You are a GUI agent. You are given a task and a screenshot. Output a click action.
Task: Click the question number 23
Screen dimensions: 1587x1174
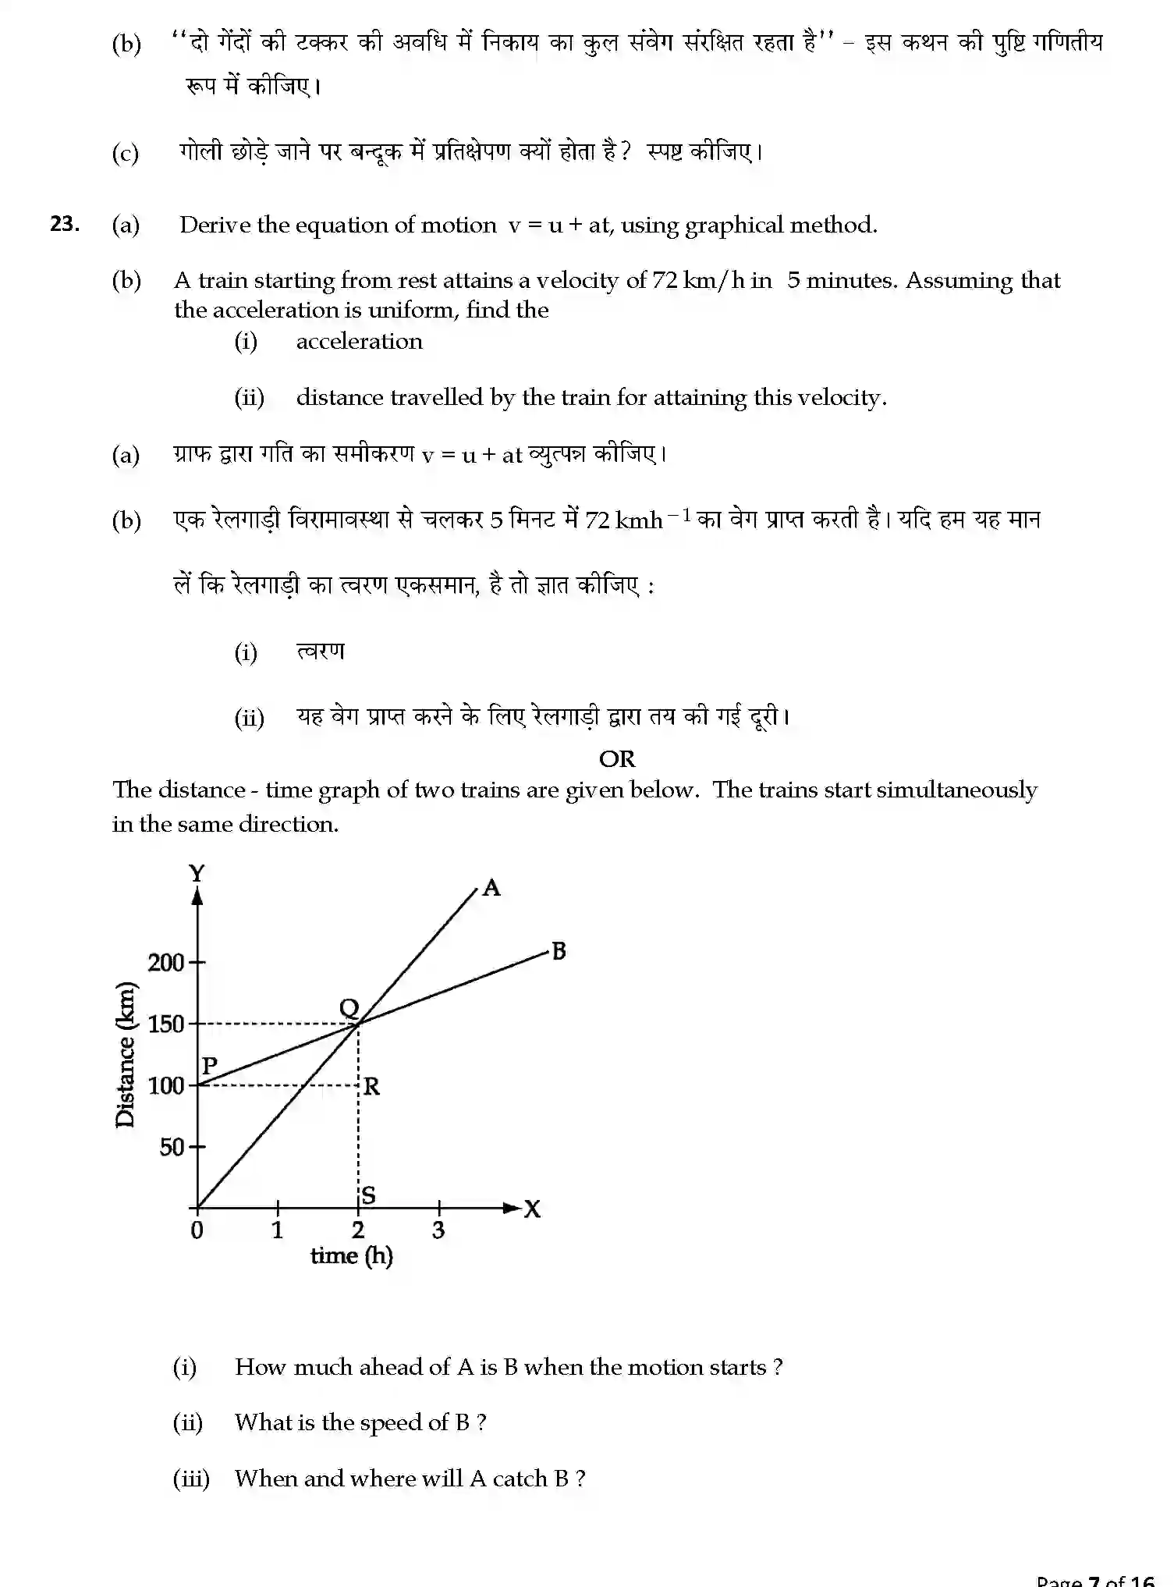tap(64, 224)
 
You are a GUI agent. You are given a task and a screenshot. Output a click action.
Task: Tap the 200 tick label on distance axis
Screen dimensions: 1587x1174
tap(165, 962)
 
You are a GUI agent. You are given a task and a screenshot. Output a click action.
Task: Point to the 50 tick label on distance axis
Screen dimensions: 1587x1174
tap(172, 1147)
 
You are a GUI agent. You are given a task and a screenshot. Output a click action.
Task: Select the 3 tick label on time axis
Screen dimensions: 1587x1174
tap(438, 1230)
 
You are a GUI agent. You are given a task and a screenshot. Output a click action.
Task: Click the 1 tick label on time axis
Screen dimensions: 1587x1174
tap(277, 1230)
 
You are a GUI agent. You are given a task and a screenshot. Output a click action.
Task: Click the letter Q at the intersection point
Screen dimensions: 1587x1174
tap(349, 1008)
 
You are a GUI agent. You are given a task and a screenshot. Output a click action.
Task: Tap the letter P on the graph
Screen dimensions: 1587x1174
tap(209, 1065)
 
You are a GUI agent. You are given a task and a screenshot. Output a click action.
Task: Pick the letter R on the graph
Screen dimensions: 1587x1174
tap(371, 1086)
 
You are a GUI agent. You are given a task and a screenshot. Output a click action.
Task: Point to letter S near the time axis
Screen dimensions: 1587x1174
tap(368, 1195)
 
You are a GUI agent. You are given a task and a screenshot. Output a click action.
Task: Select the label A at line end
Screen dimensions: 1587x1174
tap(491, 888)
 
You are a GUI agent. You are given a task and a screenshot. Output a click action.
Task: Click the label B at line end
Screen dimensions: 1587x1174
tap(559, 951)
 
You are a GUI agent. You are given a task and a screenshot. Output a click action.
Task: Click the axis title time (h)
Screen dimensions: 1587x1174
tap(352, 1256)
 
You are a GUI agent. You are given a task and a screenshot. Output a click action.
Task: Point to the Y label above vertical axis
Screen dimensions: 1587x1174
tap(197, 873)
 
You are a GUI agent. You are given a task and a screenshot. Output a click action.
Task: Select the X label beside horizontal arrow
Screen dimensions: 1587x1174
tap(532, 1209)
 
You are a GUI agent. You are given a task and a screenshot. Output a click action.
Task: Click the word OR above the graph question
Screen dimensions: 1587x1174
tap(616, 758)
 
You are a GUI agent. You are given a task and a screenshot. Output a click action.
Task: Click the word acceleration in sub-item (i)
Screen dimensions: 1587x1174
tap(359, 341)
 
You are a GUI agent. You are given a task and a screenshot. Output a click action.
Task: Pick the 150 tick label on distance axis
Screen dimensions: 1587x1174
tap(165, 1024)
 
